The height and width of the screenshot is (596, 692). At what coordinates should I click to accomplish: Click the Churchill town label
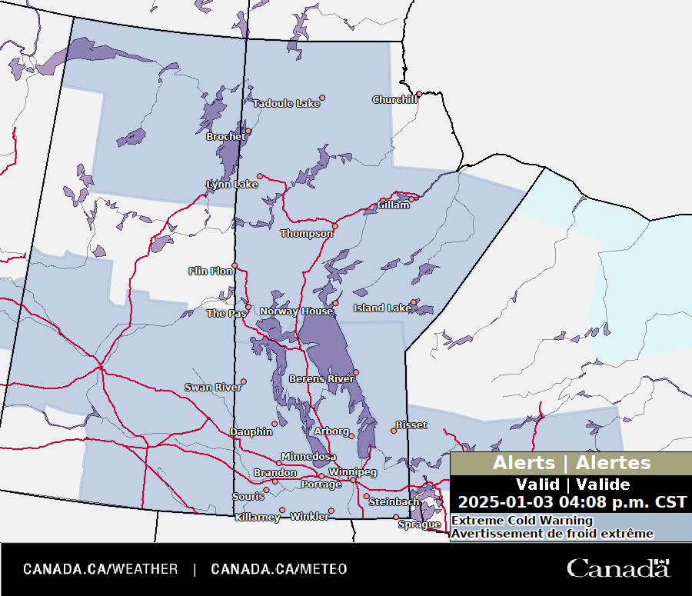(394, 100)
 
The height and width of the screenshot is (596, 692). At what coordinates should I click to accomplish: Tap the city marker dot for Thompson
(334, 226)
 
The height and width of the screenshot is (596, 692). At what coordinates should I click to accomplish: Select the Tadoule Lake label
(285, 104)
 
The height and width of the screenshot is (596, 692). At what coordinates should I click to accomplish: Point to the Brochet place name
(225, 137)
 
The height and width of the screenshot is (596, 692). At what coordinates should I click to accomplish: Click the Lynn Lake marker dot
(260, 176)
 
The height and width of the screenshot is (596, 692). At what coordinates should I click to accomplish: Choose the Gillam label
(393, 205)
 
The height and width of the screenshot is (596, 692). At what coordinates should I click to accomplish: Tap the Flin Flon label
(211, 271)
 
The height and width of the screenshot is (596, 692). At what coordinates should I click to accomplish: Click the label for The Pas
(225, 314)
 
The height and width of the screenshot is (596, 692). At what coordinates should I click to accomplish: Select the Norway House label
(296, 311)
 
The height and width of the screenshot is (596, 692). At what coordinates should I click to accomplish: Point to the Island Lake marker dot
(413, 302)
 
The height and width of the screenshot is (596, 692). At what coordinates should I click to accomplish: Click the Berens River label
(321, 379)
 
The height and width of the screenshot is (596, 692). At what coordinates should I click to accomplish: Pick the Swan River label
(212, 388)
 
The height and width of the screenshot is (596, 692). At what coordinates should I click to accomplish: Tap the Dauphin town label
(251, 432)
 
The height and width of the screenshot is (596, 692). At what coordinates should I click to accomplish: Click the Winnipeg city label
(352, 471)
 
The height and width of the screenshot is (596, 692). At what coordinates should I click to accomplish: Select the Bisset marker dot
(394, 431)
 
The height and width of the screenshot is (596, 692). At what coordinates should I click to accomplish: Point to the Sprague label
(419, 525)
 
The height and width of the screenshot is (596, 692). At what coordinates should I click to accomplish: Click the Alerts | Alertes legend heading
(571, 463)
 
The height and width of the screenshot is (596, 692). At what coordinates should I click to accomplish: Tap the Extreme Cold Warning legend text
(511, 521)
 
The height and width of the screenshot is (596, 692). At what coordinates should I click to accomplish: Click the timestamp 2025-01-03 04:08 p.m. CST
(572, 502)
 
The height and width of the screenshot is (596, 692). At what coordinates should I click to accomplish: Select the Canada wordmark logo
(618, 568)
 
